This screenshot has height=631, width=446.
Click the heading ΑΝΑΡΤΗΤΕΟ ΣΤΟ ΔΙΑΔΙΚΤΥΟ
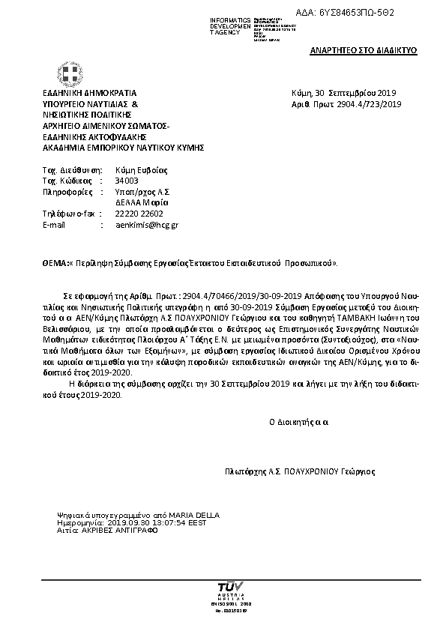point(364,51)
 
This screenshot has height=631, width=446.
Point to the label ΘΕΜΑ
point(55,264)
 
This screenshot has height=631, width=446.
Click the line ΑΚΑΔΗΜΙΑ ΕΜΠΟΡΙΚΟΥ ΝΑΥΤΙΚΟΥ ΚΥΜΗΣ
point(123,148)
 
